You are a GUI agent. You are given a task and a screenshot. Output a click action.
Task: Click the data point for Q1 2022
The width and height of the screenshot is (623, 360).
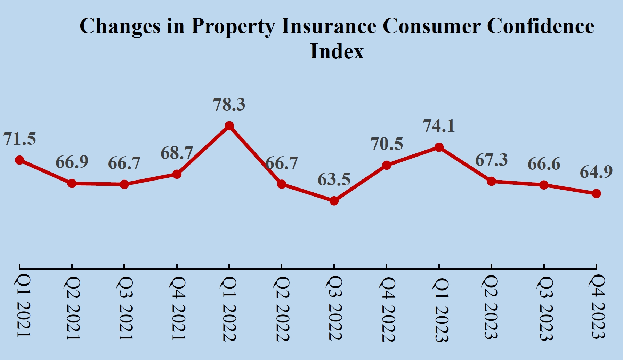pos(229,126)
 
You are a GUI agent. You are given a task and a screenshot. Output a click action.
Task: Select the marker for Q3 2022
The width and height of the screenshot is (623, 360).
pos(334,201)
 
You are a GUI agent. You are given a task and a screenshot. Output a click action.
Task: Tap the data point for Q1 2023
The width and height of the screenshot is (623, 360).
pos(439,147)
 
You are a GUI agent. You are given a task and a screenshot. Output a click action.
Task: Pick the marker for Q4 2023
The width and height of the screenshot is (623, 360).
pos(596,193)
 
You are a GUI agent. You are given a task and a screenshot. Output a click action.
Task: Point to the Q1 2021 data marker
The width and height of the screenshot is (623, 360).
pos(19,160)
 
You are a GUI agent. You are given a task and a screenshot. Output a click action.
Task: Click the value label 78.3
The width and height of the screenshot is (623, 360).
pos(229,105)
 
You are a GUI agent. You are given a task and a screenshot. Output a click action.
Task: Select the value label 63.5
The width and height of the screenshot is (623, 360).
pos(334,179)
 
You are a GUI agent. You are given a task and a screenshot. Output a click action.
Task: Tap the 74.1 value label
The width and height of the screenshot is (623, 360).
pos(439,126)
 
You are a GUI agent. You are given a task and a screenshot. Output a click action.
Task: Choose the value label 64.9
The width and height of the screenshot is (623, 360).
pos(596,172)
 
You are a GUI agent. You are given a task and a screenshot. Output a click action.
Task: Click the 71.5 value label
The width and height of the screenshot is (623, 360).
pos(19,139)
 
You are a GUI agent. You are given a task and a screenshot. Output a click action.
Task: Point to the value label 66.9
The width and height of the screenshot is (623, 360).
pos(72,162)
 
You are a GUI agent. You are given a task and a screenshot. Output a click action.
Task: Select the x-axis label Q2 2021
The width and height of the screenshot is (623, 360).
pos(72,308)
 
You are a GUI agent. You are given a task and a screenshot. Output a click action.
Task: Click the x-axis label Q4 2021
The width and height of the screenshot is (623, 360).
pos(177,308)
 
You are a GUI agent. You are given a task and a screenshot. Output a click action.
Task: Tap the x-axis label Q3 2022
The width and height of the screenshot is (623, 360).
pos(334,308)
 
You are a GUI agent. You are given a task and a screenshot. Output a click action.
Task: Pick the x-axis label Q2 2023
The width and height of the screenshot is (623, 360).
pos(491,308)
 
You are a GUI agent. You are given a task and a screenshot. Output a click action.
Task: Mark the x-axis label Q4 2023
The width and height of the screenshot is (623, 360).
pos(597,307)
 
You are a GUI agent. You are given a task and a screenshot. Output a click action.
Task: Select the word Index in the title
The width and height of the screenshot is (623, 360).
pos(337,51)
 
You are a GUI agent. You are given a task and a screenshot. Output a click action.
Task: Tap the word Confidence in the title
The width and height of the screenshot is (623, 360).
pos(541,26)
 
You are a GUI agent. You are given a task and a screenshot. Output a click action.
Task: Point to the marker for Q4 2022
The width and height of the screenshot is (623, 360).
pos(386,165)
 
